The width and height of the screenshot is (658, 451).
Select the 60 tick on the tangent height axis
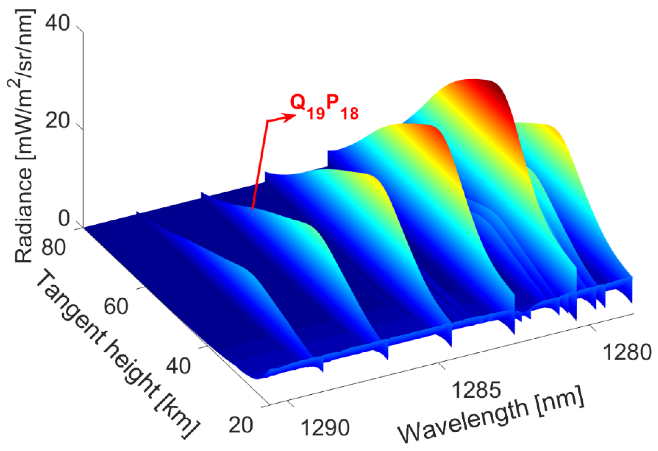(x=116, y=307)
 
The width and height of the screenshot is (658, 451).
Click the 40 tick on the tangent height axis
(x=178, y=366)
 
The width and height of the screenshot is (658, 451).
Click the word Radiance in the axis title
(x=24, y=216)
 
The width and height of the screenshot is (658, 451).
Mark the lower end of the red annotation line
(x=252, y=209)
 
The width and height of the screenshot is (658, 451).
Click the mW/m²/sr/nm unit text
(x=24, y=85)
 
